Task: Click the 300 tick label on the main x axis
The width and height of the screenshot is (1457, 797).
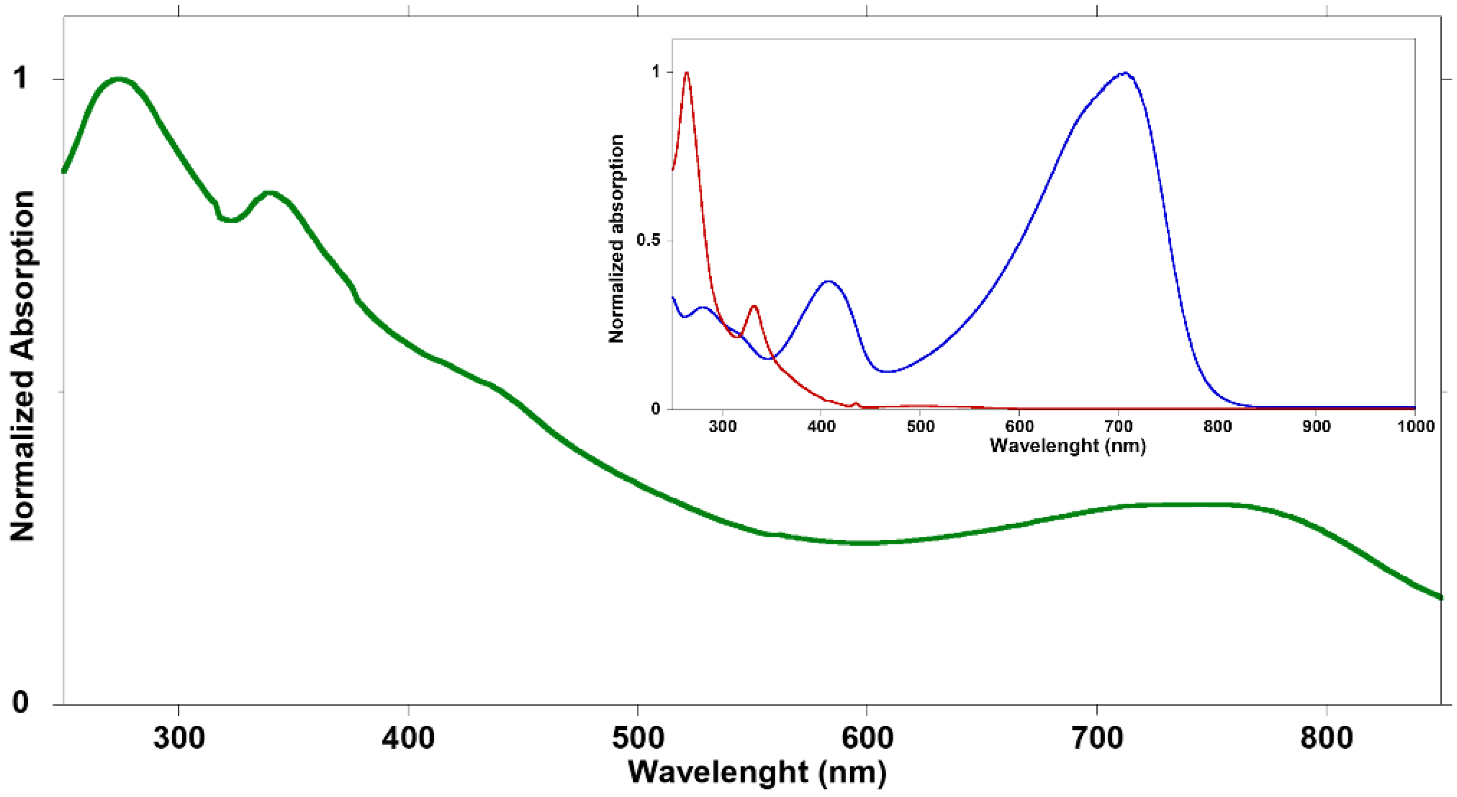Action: [179, 739]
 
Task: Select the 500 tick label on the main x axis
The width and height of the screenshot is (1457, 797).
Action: [637, 739]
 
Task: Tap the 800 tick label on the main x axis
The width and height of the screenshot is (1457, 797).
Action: [1326, 739]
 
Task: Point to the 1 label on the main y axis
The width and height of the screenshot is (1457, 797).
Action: [21, 78]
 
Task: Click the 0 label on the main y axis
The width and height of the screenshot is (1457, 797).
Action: [21, 703]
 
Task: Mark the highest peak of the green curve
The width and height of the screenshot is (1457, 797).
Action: [119, 79]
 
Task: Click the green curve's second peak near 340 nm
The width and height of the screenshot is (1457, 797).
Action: [270, 194]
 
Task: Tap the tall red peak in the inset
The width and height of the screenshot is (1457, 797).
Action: [687, 72]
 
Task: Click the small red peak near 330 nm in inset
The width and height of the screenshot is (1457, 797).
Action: [754, 307]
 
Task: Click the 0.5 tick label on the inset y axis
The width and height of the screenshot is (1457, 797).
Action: [647, 240]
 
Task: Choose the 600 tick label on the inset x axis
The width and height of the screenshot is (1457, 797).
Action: [1018, 425]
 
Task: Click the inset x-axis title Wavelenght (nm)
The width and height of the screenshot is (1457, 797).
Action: [1068, 445]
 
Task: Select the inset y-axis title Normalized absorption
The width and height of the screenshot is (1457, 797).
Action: [616, 239]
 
